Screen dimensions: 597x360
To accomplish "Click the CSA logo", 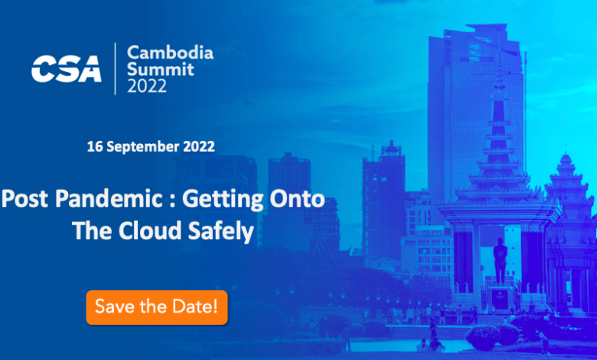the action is click(67, 69).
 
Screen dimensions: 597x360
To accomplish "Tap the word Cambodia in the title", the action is click(170, 53).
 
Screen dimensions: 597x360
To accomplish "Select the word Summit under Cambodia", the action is click(161, 70).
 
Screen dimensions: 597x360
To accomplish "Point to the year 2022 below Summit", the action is click(147, 86).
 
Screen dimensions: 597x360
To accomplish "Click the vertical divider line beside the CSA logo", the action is click(115, 69).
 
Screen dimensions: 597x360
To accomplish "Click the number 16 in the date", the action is click(95, 146).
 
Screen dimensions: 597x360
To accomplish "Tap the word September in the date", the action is click(143, 147).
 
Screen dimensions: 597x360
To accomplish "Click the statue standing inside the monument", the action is click(500, 261).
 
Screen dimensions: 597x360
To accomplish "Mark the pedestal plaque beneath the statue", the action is click(500, 298).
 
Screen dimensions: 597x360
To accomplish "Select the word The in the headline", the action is click(92, 231).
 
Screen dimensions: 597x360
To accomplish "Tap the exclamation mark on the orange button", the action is click(215, 306).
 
